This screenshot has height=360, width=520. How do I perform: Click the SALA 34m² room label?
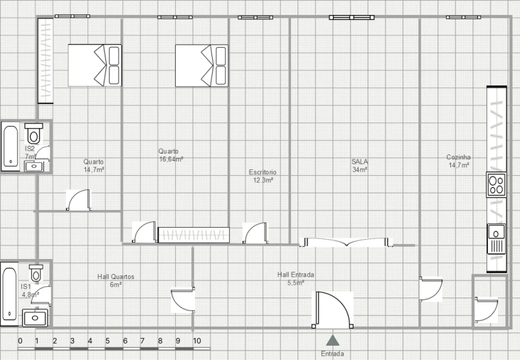360,166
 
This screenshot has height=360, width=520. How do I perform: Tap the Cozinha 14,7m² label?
459,162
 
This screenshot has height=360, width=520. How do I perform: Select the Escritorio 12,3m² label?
262,176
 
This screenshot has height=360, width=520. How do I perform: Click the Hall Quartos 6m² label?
116,281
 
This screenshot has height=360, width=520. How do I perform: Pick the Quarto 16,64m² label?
171,155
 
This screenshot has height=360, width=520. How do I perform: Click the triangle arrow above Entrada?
333,340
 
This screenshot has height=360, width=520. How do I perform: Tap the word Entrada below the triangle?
333,354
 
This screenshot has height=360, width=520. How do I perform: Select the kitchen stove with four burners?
496,184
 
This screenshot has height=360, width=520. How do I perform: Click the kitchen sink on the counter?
496,239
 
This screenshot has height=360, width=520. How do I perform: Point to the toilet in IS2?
33,133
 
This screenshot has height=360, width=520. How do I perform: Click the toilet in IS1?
36,272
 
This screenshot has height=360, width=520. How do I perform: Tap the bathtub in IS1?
9,295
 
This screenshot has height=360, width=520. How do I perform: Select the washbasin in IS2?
34,166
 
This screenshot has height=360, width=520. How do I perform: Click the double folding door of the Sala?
346,243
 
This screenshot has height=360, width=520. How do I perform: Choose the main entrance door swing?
332,310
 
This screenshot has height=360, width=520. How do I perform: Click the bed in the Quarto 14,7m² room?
95,65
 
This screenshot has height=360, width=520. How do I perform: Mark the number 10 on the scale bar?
197,341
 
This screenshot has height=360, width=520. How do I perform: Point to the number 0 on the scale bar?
20,341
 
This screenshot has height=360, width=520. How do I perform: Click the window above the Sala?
351,17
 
